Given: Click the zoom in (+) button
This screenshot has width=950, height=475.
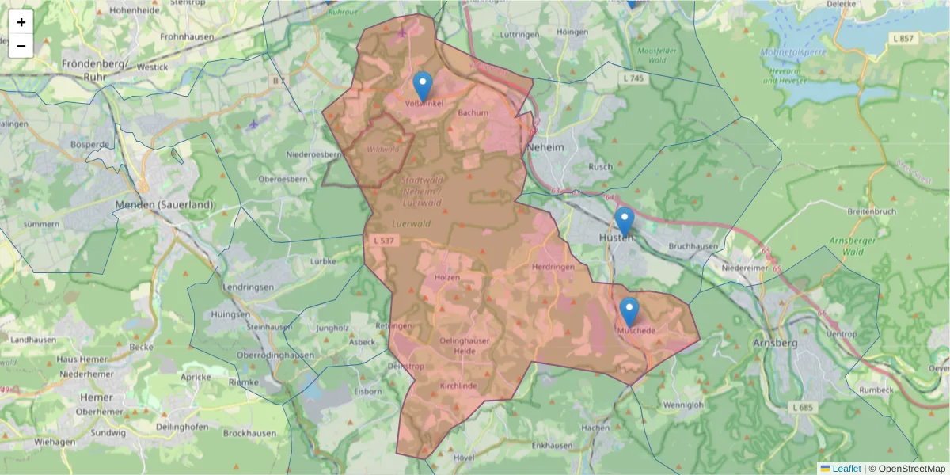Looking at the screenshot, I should coord(21,22).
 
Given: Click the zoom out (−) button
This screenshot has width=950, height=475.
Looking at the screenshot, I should coord(21,46).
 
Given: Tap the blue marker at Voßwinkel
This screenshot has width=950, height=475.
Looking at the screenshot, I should coord(423,85).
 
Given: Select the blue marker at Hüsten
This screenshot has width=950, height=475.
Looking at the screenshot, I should coord(625,221).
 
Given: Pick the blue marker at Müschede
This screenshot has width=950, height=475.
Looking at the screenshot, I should coord(629,311).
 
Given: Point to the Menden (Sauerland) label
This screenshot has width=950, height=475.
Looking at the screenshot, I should coord(165,204).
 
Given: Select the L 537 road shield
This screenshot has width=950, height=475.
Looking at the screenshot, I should coord(381,239).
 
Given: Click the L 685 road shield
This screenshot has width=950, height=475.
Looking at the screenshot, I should coord(802,407).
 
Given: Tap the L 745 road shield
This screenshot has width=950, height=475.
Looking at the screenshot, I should coord(634,78).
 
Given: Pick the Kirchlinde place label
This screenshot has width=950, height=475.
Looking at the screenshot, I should coord(458,385).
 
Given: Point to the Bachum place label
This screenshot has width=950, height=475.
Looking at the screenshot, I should coord(473,112).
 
